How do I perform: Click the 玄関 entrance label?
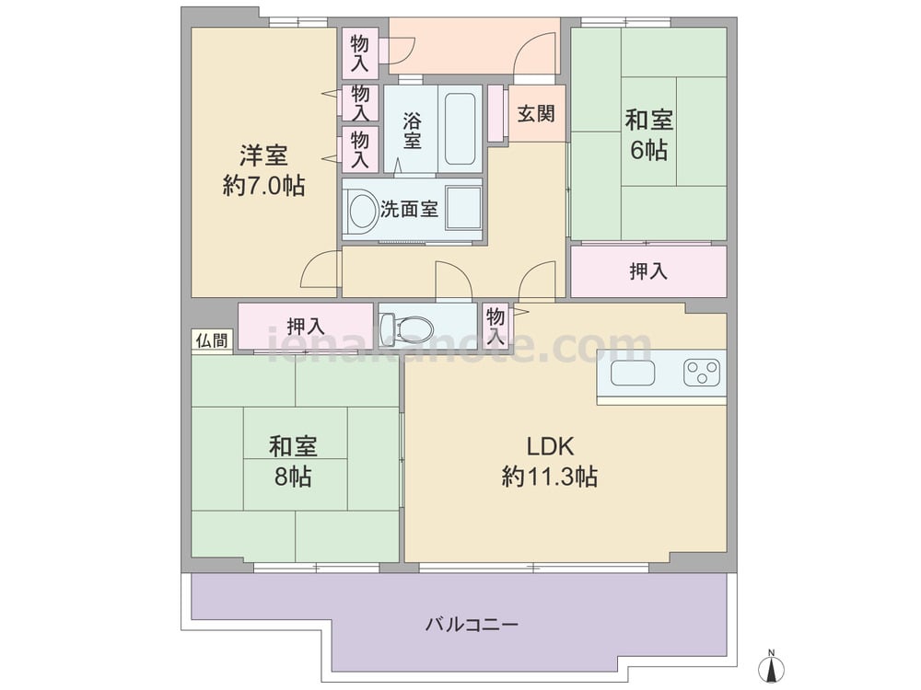click(536, 113)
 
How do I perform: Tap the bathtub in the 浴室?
click(460, 129)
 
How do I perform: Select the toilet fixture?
click(405, 328)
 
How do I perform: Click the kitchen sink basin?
click(633, 374)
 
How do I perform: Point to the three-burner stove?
click(702, 373)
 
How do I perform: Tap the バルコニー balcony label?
click(472, 624)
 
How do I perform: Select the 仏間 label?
click(212, 340)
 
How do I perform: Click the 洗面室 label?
click(409, 210)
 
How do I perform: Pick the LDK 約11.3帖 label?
click(550, 462)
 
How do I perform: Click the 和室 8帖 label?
click(293, 462)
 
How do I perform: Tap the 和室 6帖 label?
click(648, 135)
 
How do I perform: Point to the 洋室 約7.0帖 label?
click(263, 171)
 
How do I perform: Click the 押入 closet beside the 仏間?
click(306, 326)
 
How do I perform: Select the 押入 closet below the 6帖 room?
click(648, 271)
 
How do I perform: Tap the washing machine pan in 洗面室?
click(463, 209)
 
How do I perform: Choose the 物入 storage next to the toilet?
click(495, 327)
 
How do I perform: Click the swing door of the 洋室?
click(321, 270)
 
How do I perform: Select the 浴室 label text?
click(412, 131)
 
